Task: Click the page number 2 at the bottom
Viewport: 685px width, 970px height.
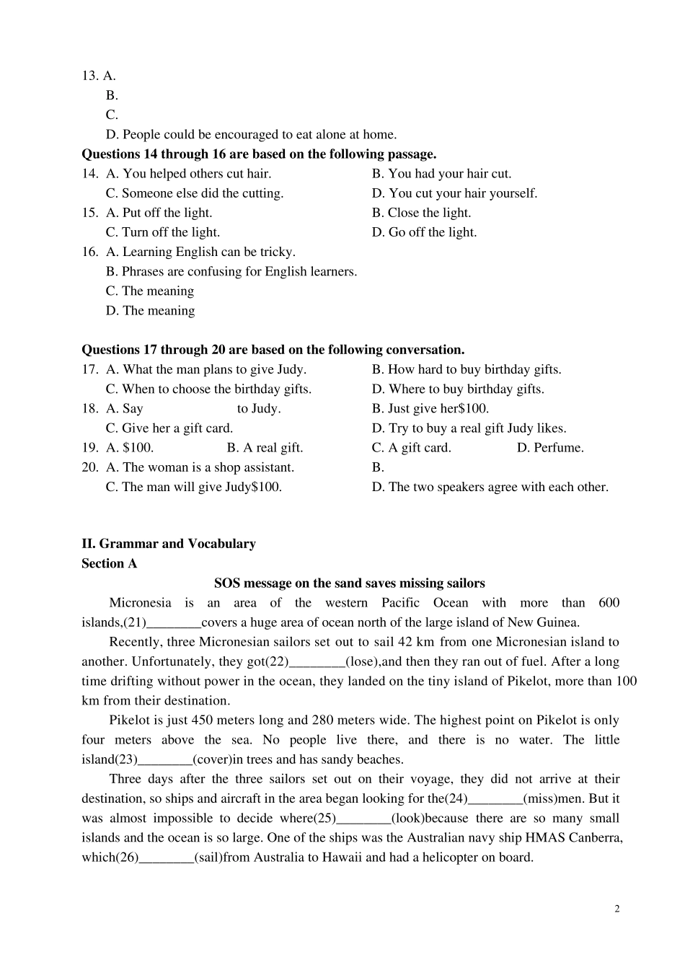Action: point(616,909)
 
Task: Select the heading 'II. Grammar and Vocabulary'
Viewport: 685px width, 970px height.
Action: point(168,544)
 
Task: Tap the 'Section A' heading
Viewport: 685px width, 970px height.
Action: point(109,563)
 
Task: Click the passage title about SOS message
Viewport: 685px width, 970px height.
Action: point(349,583)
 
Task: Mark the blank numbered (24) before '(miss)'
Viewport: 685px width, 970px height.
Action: point(495,799)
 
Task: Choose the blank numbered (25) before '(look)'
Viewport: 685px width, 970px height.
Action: point(363,819)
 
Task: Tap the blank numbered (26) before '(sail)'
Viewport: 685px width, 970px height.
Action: point(166,858)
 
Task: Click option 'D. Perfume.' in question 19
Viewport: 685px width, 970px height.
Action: point(550,448)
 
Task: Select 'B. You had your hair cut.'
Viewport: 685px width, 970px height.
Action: point(441,174)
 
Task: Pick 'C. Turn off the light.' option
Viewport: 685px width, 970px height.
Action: point(163,232)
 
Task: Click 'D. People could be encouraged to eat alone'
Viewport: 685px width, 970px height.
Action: point(251,135)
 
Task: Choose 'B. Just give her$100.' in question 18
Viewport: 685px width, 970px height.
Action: point(430,409)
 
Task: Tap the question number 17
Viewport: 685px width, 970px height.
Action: point(89,370)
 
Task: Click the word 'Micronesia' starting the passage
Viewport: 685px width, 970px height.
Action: point(140,603)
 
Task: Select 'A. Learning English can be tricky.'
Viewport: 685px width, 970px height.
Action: point(200,252)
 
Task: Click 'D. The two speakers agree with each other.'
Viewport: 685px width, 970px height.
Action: point(490,487)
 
